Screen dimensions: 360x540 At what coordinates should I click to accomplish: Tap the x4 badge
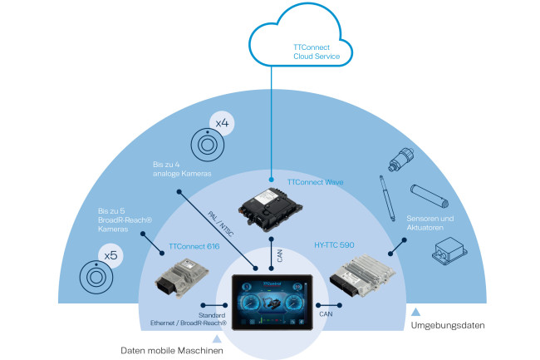click(222, 124)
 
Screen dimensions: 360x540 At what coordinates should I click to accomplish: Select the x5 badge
click(110, 254)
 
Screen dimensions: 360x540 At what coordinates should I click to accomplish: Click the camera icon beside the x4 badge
click(204, 145)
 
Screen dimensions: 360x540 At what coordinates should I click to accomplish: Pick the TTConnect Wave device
click(272, 209)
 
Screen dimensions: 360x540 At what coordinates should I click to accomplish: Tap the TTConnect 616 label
click(194, 247)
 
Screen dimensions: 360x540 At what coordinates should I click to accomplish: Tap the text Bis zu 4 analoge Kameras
click(181, 169)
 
